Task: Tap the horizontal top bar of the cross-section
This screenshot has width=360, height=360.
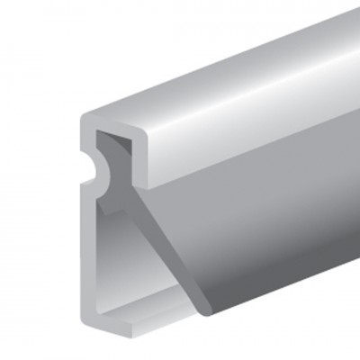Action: tap(112, 119)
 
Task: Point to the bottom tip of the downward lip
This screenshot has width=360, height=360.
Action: tap(141, 185)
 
